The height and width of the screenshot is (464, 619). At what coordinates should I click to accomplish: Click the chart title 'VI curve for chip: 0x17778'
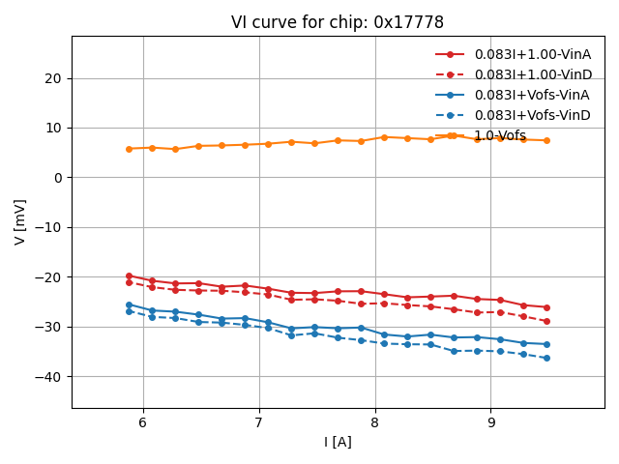338,22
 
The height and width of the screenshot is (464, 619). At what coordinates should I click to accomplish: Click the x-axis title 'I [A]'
338,442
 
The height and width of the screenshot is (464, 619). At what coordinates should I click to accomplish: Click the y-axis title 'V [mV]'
20,221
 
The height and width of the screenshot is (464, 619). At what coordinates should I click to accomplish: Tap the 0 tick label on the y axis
58,178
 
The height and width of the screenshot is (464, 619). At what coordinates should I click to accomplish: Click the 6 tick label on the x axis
143,422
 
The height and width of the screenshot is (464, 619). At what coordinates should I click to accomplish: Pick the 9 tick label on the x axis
490,422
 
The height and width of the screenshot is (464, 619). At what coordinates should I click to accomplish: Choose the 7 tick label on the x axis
259,422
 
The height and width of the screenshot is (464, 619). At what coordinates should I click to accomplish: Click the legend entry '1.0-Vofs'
500,135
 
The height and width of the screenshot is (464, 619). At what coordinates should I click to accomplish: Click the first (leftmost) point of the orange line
129,149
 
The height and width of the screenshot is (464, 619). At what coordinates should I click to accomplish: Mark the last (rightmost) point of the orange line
546,140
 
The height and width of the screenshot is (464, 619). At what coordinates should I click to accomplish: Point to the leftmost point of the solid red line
129,275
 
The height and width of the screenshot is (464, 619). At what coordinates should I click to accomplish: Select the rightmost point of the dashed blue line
546,358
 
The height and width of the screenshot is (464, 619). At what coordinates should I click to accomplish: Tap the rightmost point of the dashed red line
546,321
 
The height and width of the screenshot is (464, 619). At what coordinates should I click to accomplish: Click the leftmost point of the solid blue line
129,304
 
